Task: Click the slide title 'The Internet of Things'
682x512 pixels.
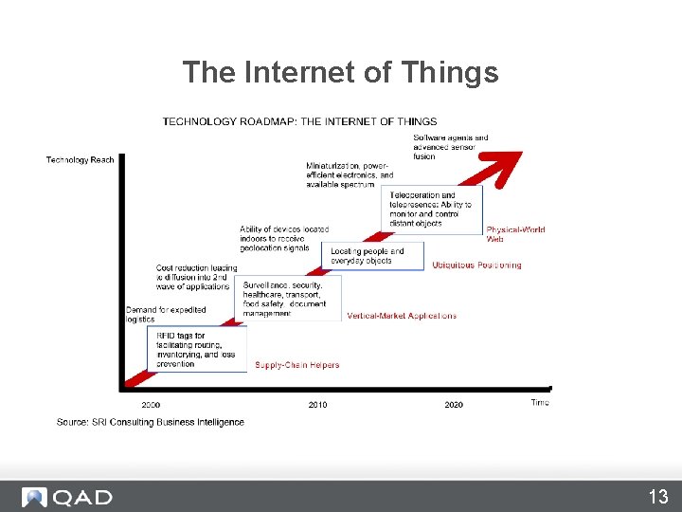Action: tap(340, 73)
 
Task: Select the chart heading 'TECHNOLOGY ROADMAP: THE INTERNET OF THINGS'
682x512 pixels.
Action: tap(299, 121)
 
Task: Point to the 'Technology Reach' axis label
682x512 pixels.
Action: tap(80, 160)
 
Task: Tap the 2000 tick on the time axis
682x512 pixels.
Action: tap(151, 405)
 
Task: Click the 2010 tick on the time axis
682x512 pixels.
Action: tap(317, 405)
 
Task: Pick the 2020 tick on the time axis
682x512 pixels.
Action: tap(454, 405)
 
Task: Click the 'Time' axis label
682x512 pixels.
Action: tap(539, 403)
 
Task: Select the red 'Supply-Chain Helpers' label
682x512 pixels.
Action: tap(296, 365)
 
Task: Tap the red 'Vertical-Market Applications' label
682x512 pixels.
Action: tap(402, 316)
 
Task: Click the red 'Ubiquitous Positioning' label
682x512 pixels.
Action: tap(476, 265)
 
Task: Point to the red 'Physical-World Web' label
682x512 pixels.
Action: tap(515, 234)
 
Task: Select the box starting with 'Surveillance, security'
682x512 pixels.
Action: tap(285, 299)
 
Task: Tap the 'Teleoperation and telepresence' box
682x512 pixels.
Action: tap(435, 210)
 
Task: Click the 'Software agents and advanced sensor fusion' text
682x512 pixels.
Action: tap(451, 147)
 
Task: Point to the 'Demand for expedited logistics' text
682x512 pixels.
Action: tap(166, 315)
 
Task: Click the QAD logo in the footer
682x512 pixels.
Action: tap(68, 497)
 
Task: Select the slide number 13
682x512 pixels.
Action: tap(657, 497)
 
